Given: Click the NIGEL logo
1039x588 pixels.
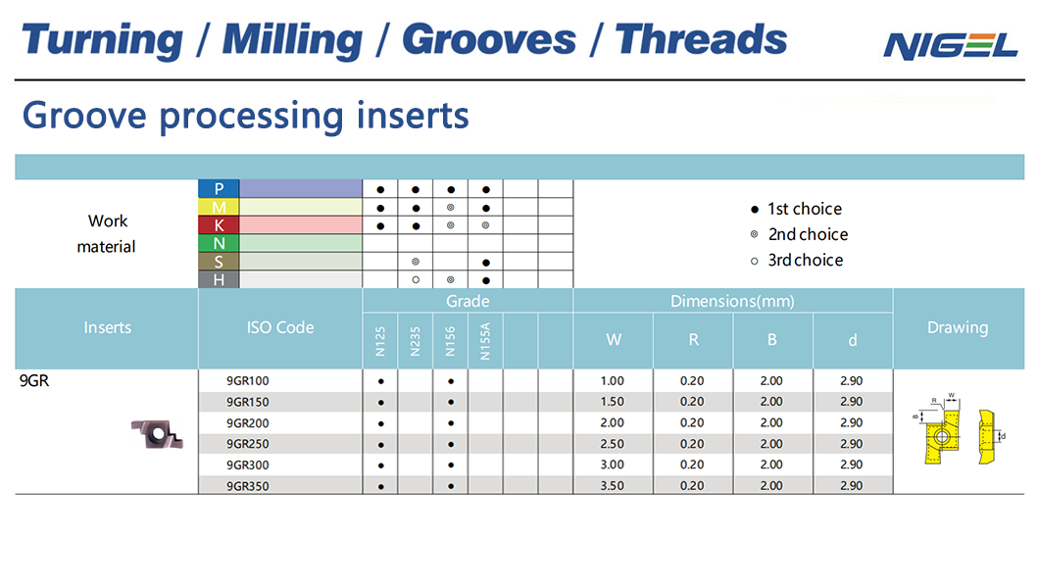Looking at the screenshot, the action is [950, 46].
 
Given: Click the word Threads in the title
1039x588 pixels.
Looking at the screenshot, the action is [701, 39].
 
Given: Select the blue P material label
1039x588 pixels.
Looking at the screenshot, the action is [219, 189].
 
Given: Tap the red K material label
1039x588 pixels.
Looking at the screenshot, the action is [219, 225].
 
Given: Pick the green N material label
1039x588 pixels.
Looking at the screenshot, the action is [219, 243].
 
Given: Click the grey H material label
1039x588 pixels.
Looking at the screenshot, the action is [219, 279].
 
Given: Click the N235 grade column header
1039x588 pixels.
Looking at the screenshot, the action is [416, 341].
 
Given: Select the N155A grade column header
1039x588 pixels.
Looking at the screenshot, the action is [485, 341].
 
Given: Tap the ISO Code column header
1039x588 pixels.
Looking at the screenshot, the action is [280, 327].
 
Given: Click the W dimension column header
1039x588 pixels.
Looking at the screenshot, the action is [614, 340].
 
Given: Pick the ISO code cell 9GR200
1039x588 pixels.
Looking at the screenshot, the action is [248, 423].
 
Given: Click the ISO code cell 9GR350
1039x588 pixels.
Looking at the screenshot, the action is [248, 486].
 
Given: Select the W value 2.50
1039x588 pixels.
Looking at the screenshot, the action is [613, 444].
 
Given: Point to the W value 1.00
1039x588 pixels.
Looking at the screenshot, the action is [613, 381].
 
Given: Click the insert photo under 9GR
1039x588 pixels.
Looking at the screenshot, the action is [157, 434].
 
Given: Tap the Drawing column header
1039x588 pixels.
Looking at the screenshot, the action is [958, 327].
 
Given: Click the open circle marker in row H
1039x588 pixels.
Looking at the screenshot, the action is [416, 280].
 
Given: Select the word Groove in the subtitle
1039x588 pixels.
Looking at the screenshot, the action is [84, 115].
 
